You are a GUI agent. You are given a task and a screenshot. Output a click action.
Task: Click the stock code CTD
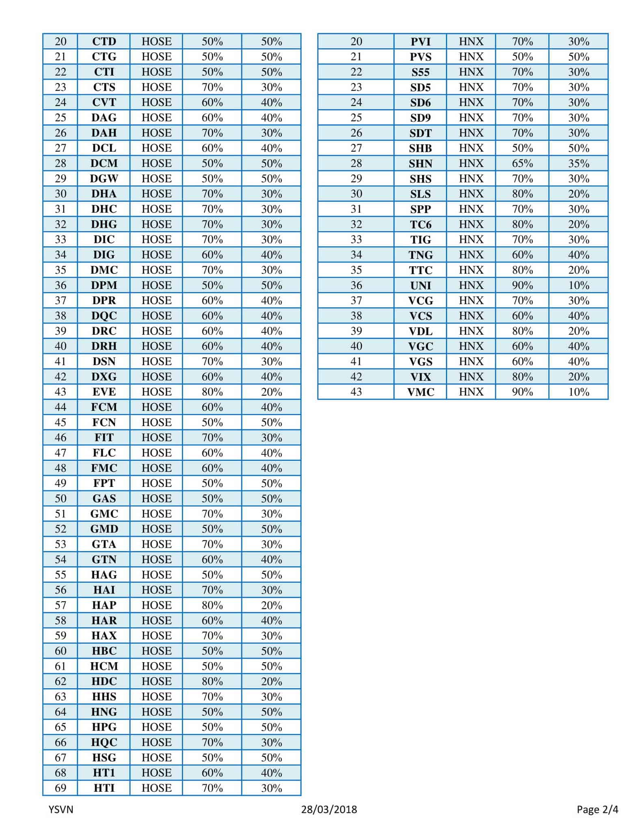[104, 41]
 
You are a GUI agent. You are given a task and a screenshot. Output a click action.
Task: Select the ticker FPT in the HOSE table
[104, 483]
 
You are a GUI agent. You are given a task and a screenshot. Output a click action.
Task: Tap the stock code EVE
[104, 392]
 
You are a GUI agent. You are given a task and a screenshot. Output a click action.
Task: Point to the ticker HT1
[104, 773]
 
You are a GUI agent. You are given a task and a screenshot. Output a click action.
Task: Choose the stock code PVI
[420, 41]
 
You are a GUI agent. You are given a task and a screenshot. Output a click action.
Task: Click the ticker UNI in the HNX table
[420, 285]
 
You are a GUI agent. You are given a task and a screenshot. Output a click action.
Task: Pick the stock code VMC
[420, 392]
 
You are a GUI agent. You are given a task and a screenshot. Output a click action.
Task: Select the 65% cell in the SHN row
[522, 164]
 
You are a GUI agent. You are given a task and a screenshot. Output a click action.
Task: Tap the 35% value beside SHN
[578, 164]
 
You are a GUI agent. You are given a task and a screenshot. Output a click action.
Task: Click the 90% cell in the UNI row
[522, 285]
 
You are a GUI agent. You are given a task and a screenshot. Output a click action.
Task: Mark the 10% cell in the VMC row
[578, 392]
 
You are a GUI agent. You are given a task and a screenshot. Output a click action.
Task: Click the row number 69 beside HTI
[61, 788]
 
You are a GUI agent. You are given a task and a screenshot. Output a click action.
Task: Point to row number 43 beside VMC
[356, 392]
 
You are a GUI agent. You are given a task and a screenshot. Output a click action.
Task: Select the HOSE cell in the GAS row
[156, 498]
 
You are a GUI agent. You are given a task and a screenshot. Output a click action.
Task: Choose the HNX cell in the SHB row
[471, 148]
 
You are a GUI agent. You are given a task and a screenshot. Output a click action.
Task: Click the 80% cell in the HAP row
[212, 605]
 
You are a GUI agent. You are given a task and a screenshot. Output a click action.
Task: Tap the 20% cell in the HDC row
[271, 681]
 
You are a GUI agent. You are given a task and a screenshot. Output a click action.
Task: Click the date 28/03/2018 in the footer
[329, 809]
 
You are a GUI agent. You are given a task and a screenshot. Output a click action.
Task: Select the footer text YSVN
[61, 809]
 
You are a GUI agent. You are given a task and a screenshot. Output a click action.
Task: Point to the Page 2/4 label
[597, 809]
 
